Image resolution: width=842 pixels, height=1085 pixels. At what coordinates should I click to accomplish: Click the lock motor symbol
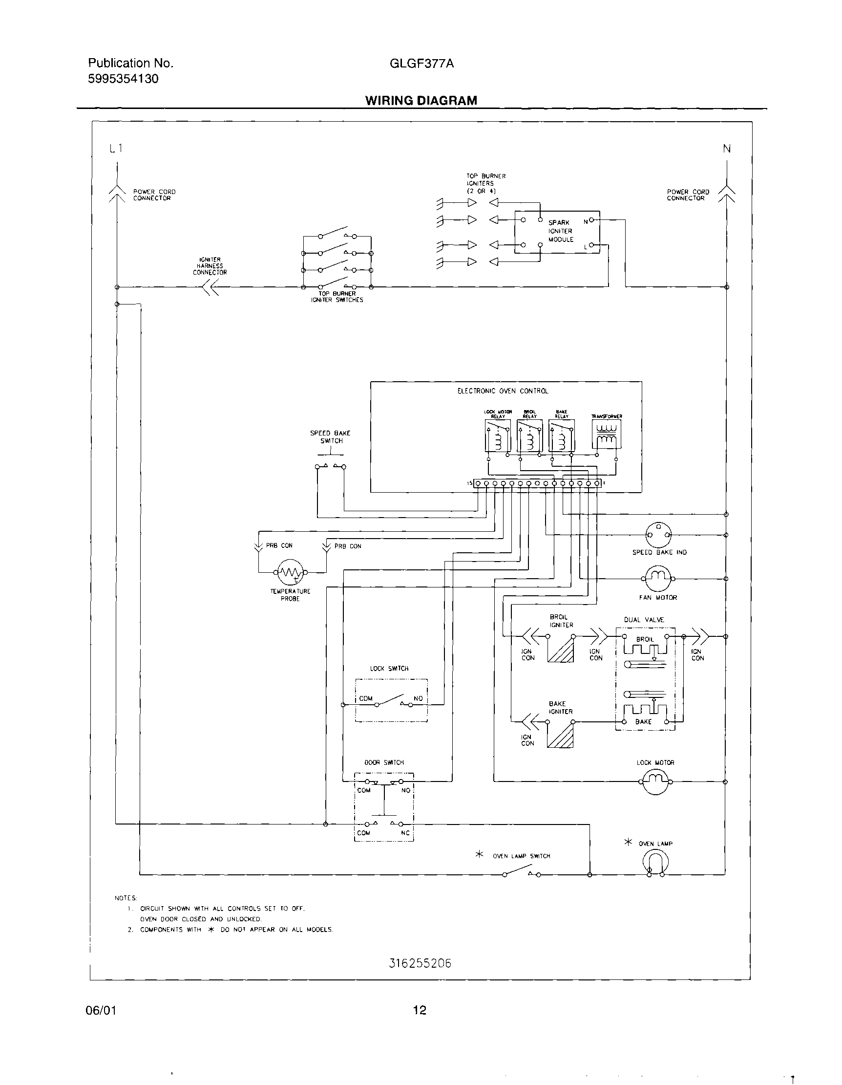[656, 781]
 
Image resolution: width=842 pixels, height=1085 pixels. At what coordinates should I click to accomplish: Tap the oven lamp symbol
[655, 861]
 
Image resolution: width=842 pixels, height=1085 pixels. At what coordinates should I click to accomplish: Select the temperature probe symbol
[290, 572]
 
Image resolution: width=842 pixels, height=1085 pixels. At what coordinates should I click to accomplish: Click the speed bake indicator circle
[658, 535]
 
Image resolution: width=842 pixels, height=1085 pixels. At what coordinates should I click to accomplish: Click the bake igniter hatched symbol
[561, 735]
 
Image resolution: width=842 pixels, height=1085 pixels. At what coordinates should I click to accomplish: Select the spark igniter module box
[557, 232]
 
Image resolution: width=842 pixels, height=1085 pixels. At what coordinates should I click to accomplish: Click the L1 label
[115, 148]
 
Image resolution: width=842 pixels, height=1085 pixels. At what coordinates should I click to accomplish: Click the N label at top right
[727, 148]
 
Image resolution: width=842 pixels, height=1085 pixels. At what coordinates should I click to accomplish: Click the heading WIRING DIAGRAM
[421, 100]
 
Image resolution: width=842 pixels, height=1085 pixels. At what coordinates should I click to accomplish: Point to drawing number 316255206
[420, 963]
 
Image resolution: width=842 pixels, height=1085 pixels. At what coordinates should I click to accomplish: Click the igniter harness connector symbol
[210, 287]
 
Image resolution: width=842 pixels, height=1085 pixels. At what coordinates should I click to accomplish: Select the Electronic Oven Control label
[503, 391]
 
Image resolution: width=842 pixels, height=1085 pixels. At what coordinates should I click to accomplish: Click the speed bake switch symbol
[331, 466]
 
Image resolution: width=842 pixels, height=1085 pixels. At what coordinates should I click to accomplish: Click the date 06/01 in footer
[102, 1011]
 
